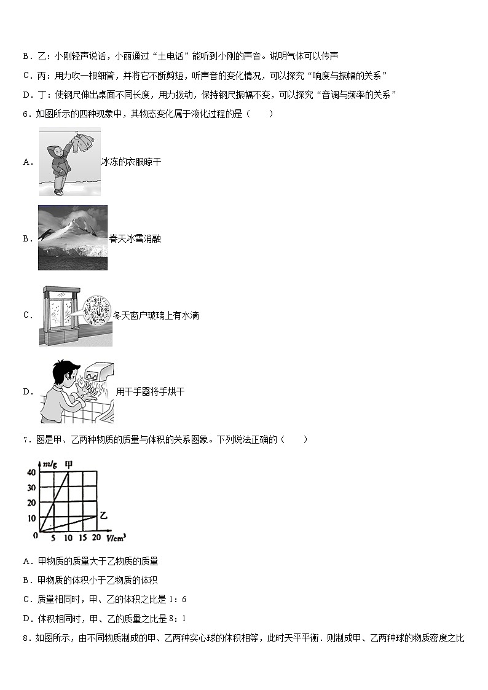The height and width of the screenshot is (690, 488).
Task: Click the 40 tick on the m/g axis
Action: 31,472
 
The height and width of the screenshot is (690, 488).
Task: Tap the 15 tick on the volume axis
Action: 82,538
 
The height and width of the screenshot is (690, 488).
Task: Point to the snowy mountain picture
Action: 73,238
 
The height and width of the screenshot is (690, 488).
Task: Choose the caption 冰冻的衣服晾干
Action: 131,162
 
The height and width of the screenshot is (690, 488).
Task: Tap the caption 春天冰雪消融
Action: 135,238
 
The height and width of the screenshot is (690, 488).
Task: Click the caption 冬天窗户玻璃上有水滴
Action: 156,315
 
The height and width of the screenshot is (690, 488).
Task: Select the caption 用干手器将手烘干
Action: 150,391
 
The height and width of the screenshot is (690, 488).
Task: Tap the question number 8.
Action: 25,638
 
